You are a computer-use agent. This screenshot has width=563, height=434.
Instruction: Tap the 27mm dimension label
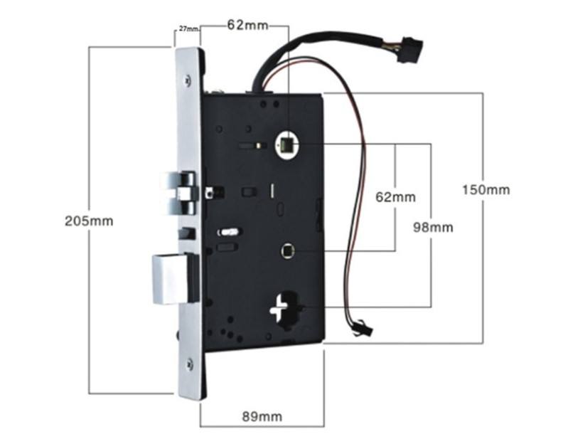coord(187,29)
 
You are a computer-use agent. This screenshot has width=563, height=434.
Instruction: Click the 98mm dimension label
coord(433,228)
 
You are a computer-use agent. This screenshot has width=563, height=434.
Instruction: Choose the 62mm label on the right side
coord(395,197)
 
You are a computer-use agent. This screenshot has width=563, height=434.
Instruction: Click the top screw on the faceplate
coord(189,78)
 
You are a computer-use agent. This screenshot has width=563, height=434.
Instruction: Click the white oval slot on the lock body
coord(229,231)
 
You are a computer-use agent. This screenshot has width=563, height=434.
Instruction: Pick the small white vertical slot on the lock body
coord(271,191)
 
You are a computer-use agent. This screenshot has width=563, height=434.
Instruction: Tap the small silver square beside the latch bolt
coord(210,191)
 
